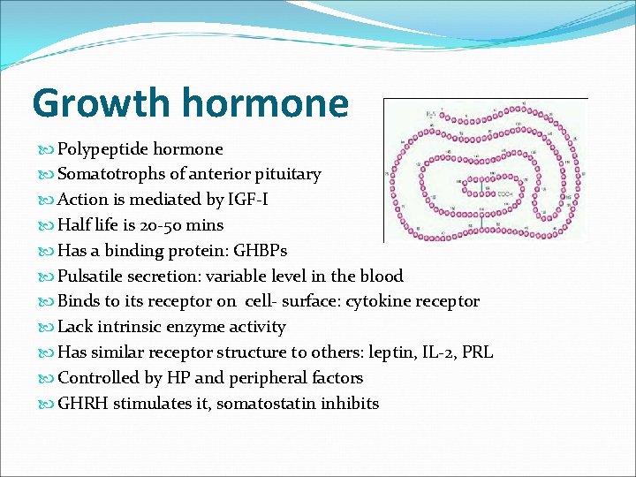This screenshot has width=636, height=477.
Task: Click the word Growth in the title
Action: point(98,103)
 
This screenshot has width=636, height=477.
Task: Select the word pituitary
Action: point(288,175)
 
